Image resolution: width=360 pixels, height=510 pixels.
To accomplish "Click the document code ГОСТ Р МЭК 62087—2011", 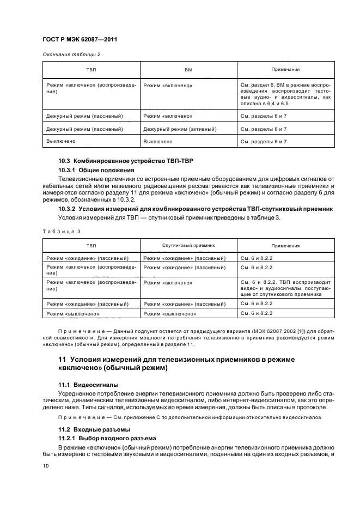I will pyautogui.click(x=80, y=39).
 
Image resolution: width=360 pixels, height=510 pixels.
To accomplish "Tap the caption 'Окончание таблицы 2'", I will pyautogui.click(x=71, y=54).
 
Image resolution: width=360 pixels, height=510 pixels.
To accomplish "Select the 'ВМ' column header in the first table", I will pyautogui.click(x=188, y=70).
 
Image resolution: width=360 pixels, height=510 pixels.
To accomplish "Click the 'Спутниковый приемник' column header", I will pyautogui.click(x=184, y=246).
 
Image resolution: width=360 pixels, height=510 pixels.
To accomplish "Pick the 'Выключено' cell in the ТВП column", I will pyautogui.click(x=61, y=141).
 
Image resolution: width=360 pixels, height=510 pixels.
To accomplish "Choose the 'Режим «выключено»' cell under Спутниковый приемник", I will pyautogui.click(x=169, y=314).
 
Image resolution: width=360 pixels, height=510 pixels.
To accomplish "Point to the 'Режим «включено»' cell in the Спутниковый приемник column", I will pyautogui.click(x=168, y=283).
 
